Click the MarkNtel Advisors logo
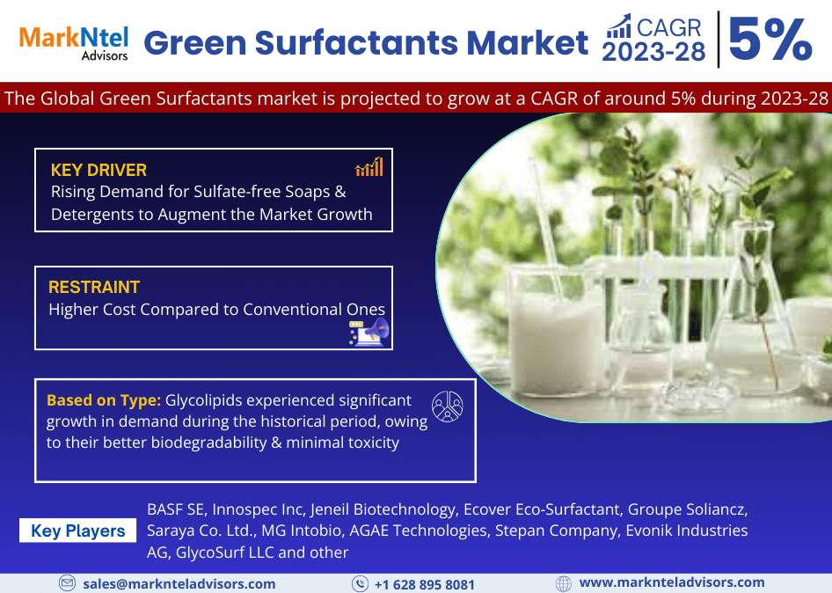(74, 43)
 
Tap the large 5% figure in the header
(770, 39)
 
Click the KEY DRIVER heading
(99, 170)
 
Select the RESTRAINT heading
(94, 287)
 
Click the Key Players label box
(78, 531)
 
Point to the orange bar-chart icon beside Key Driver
(369, 166)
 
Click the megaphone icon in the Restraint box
(369, 333)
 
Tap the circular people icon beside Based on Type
(448, 406)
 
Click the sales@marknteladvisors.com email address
(179, 584)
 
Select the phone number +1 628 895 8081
(425, 584)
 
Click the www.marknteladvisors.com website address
(672, 582)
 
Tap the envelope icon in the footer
(67, 583)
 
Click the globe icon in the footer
(564, 583)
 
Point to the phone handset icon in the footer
(360, 583)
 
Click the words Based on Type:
(104, 400)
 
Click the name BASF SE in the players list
(176, 509)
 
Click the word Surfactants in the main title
(356, 42)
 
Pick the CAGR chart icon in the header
(618, 26)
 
